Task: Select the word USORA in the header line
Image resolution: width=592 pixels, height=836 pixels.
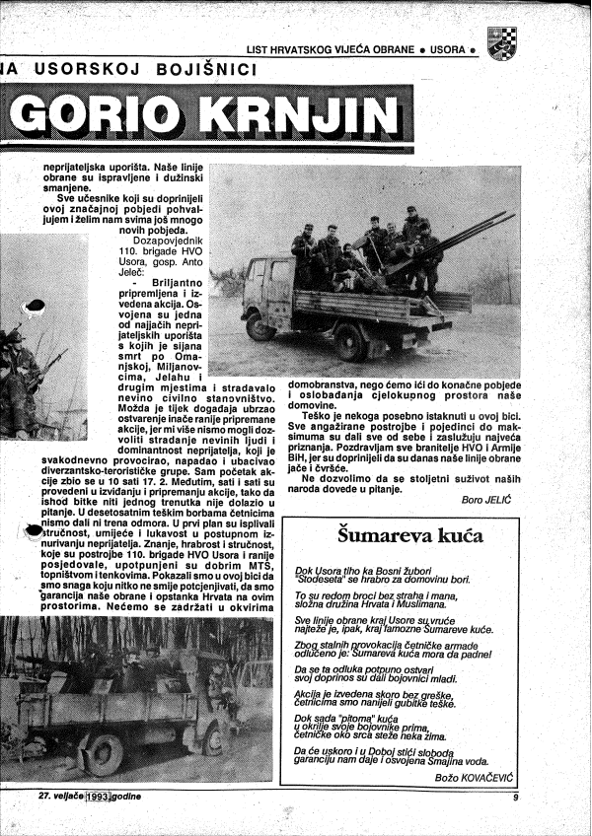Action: click(x=449, y=48)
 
